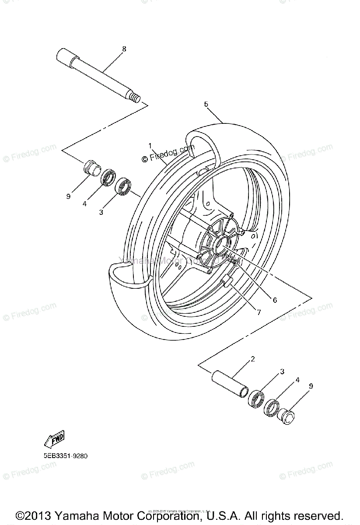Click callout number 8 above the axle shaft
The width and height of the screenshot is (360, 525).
pos(124,49)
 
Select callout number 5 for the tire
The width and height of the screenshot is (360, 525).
pos(206,104)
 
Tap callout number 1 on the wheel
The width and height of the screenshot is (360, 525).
pos(150,145)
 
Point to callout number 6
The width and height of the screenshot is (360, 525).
pos(275,300)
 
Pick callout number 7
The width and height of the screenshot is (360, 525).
pos(259,312)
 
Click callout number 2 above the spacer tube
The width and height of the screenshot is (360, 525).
pos(253,360)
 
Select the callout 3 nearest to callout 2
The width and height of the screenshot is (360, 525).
pos(282,371)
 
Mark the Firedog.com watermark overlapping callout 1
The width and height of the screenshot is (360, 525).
pos(168,154)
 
